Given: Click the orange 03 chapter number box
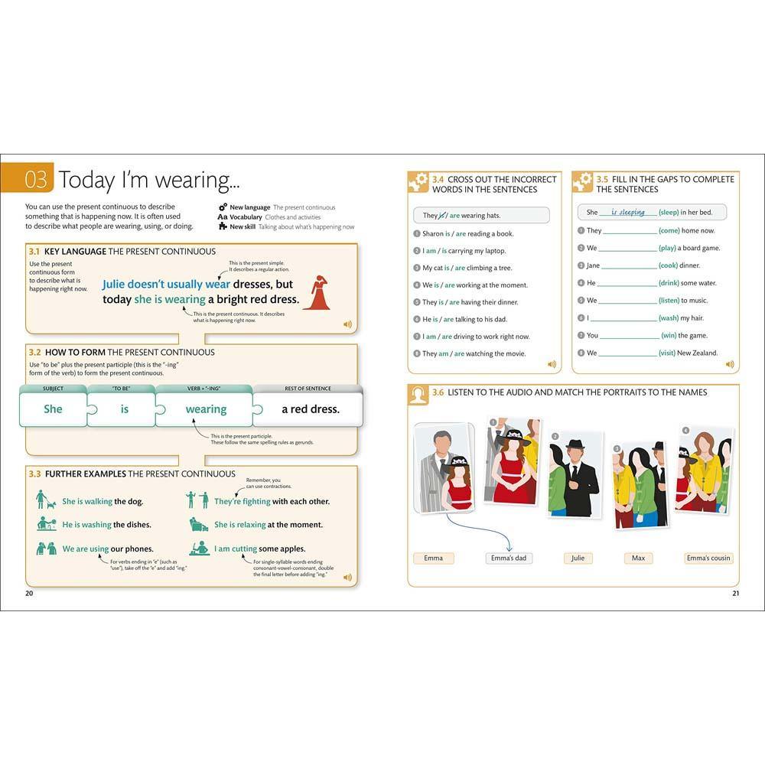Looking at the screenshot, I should pyautogui.click(x=35, y=180).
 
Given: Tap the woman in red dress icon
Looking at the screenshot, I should pyautogui.click(x=316, y=292).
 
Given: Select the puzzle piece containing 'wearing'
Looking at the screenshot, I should pyautogui.click(x=205, y=409).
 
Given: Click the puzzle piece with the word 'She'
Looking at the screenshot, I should pyautogui.click(x=54, y=409).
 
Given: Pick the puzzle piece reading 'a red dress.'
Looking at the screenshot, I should pyautogui.click(x=310, y=409).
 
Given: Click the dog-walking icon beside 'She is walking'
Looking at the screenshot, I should pyautogui.click(x=45, y=500).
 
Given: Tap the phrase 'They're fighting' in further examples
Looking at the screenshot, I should pyautogui.click(x=242, y=502).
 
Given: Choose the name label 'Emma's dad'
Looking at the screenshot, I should pyautogui.click(x=509, y=558).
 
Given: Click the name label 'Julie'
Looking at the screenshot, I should pyautogui.click(x=578, y=558).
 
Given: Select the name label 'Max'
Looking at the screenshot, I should pyautogui.click(x=638, y=558).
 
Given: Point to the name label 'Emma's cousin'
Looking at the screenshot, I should pyautogui.click(x=708, y=558).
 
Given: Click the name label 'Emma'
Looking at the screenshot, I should pyautogui.click(x=433, y=558).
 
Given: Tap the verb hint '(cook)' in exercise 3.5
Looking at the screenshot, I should pyautogui.click(x=669, y=265).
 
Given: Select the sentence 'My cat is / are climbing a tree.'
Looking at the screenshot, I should pyautogui.click(x=467, y=268).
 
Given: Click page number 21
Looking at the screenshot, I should pyautogui.click(x=735, y=594).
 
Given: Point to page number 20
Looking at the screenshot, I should pyautogui.click(x=29, y=594).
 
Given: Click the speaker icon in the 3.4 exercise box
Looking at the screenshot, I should pyautogui.click(x=552, y=364).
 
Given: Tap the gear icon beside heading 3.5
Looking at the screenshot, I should pyautogui.click(x=583, y=182).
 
